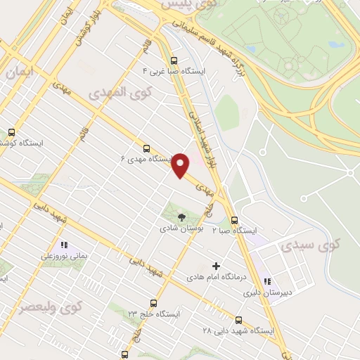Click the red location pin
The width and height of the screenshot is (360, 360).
(x=181, y=165)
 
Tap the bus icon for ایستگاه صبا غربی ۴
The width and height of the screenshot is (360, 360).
(x=174, y=60)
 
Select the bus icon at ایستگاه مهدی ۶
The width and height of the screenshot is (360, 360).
(x=146, y=148)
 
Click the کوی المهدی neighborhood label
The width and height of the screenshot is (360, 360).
(x=116, y=93)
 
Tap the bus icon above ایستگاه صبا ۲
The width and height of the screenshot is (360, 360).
(x=235, y=219)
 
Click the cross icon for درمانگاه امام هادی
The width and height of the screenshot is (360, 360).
(x=216, y=266)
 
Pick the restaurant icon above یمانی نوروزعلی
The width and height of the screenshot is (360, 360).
(x=63, y=245)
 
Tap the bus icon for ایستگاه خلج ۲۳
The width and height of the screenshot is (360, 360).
(x=153, y=303)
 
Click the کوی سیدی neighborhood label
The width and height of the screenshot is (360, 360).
(x=310, y=245)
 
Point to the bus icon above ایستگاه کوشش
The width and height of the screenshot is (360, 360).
(x=11, y=132)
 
